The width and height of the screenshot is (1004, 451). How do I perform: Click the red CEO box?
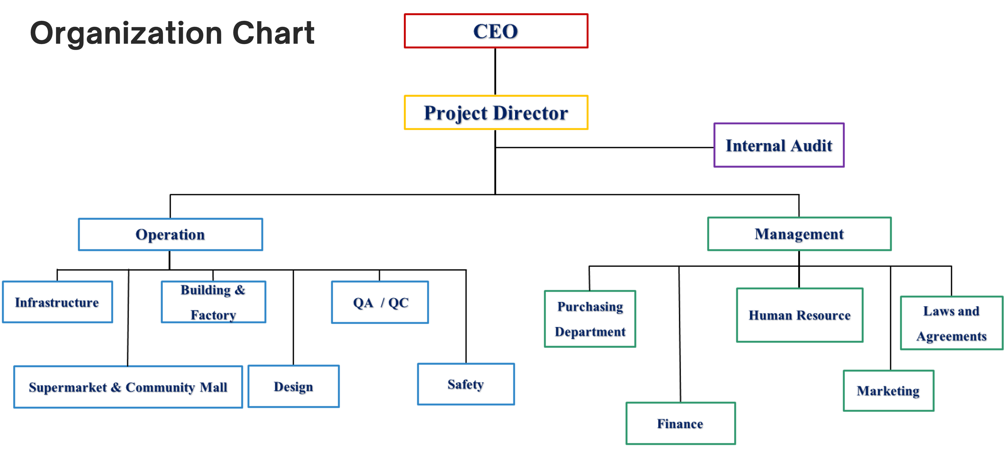[x=496, y=31]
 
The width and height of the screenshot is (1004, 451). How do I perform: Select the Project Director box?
[x=496, y=112]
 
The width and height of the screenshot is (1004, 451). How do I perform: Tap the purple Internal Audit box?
[x=779, y=145]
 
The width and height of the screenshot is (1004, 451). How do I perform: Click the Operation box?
[x=170, y=234]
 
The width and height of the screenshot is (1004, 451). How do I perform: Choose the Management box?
[x=799, y=234]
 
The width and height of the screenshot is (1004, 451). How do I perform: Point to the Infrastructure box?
[x=57, y=302]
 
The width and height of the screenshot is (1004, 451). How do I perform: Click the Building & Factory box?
[x=214, y=302]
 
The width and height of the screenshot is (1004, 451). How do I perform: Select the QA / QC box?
[x=380, y=302]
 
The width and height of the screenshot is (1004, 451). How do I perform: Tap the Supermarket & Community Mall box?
[x=128, y=387]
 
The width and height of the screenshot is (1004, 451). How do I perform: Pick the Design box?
[x=293, y=386]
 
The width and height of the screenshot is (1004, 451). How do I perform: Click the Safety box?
[x=466, y=384]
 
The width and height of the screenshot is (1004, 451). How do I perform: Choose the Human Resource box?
[x=799, y=315]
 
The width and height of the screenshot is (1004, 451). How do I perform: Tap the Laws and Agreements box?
[x=951, y=323]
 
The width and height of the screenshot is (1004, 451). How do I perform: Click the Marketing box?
[x=888, y=391]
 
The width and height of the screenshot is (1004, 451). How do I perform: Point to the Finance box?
[x=680, y=423]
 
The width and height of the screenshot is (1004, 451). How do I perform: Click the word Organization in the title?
[x=126, y=33]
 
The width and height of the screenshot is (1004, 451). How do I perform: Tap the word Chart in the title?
[x=273, y=33]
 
